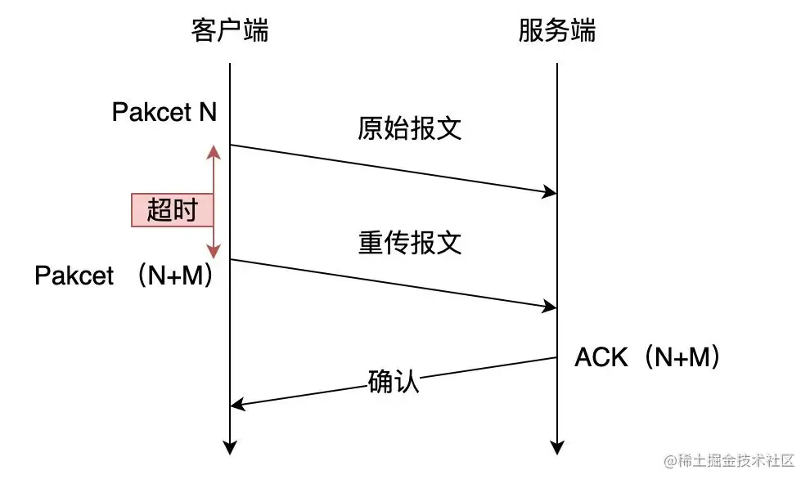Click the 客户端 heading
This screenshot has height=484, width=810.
point(230,31)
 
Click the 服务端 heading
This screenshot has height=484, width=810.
point(557,31)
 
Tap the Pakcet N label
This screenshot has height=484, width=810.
point(164,112)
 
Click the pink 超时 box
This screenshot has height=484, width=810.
point(173,210)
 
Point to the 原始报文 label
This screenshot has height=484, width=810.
point(410,128)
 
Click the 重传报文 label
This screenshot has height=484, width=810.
point(410,243)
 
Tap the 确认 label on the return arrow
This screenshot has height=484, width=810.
point(394,381)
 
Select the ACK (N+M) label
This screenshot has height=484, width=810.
point(647,357)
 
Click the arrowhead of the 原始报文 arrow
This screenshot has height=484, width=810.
point(551,193)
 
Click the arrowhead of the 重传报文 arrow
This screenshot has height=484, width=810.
point(551,307)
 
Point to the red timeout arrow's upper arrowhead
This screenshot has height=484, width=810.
point(214,150)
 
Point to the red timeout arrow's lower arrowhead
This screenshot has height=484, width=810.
point(214,253)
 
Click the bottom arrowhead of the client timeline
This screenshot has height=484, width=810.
point(230,448)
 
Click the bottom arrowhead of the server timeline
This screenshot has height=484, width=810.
point(557,448)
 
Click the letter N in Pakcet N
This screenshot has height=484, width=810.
point(207,112)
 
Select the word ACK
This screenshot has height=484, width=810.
point(601,357)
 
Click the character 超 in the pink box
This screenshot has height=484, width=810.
point(160,210)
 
